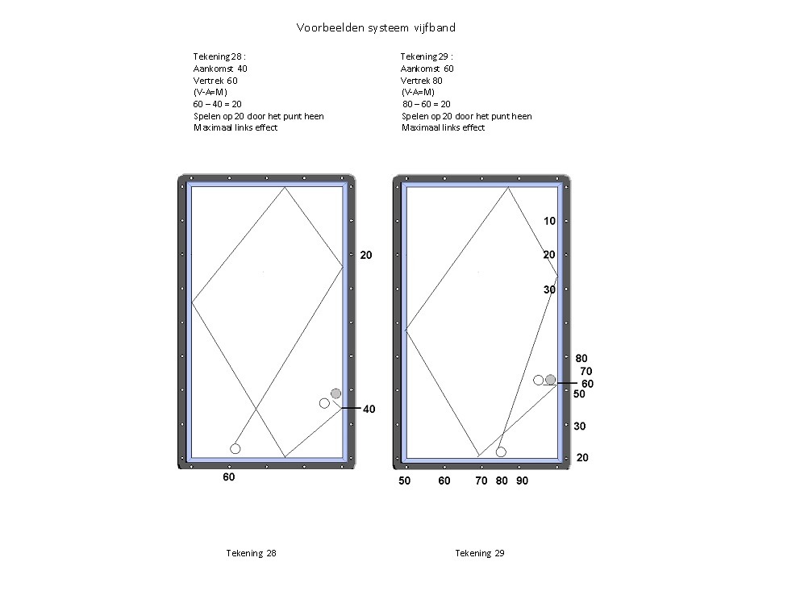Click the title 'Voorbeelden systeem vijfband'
[376, 28]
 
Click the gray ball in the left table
[335, 393]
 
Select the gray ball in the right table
[550, 380]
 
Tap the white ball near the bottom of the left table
[235, 449]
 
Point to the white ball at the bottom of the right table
[501, 451]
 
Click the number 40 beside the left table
[369, 410]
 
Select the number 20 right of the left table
[366, 256]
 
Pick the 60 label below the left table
[229, 477]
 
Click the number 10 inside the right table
[550, 222]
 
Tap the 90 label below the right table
[523, 481]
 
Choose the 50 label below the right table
[405, 481]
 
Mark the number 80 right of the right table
[581, 359]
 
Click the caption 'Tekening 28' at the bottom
[252, 553]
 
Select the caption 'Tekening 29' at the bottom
[480, 553]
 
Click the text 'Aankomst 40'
[220, 69]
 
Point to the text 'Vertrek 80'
[421, 81]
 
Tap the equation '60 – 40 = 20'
[217, 104]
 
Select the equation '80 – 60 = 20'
[427, 104]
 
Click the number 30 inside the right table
[550, 290]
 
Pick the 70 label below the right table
[481, 481]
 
